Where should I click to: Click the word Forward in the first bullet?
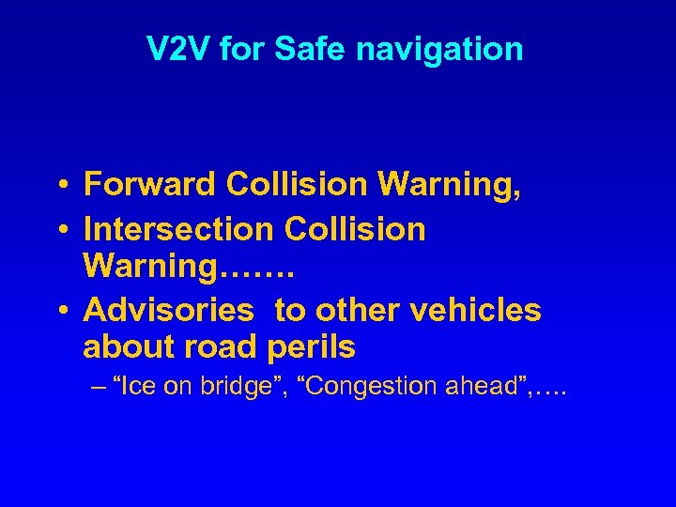point(150,184)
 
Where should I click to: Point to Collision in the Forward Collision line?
point(298,184)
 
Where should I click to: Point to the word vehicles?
point(478,310)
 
